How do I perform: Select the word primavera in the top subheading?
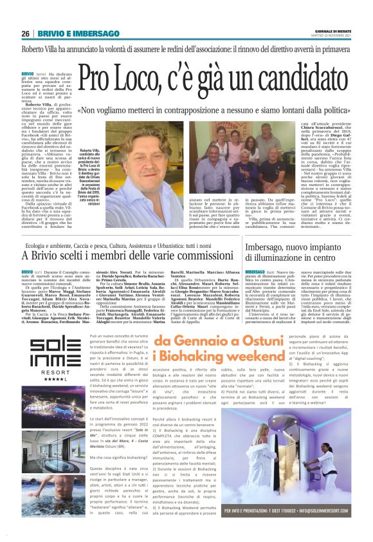[x=338, y=50]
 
